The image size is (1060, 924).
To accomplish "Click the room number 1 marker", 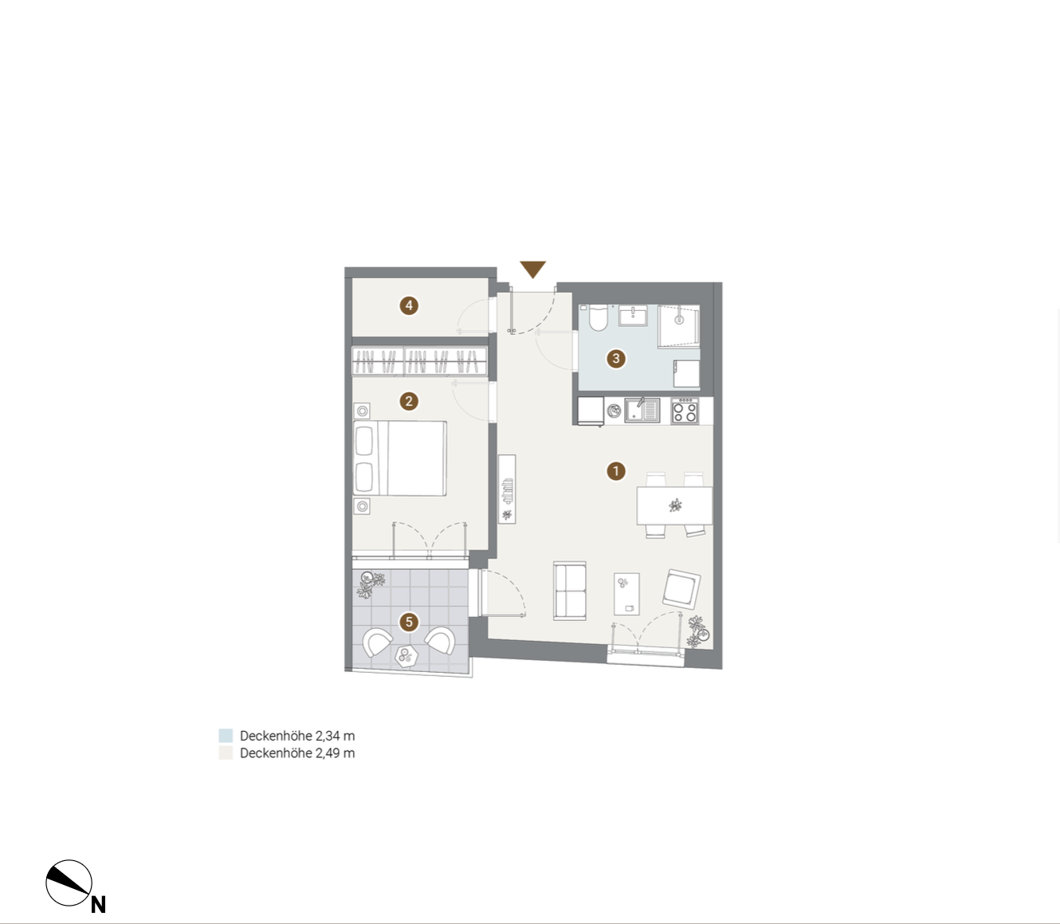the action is click(x=615, y=471).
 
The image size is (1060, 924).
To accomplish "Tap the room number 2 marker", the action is click(x=409, y=401).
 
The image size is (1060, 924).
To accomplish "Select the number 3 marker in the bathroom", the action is click(x=615, y=358).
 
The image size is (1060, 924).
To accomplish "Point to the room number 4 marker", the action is click(x=409, y=306).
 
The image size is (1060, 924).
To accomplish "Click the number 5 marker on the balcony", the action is click(x=409, y=622).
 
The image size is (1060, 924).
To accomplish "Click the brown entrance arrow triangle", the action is click(x=532, y=269).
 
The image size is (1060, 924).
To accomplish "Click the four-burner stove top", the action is click(x=685, y=411).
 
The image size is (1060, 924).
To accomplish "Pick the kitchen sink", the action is click(x=642, y=411).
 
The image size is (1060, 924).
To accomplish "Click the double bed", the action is click(x=399, y=458).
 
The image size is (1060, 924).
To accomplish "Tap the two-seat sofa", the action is click(x=569, y=590).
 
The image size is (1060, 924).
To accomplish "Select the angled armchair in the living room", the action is click(x=681, y=589).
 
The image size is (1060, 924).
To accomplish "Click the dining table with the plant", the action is click(x=674, y=505).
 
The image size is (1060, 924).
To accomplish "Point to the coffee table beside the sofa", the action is click(x=626, y=594).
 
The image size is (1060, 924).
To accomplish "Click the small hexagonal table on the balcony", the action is click(x=406, y=656).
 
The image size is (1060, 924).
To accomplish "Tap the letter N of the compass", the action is click(x=99, y=905).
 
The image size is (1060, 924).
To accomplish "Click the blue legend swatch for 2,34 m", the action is click(x=226, y=736).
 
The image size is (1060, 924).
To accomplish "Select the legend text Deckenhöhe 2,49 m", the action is click(x=297, y=753).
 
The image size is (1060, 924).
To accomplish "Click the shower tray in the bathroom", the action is click(x=678, y=325).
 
